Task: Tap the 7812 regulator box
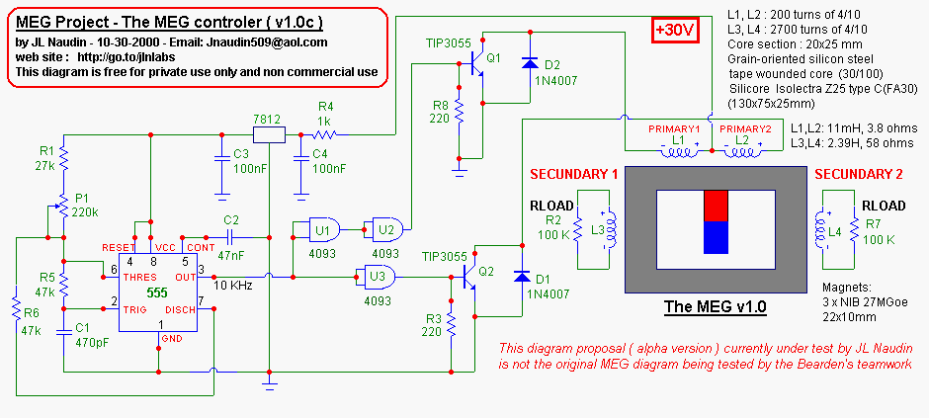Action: coord(269,135)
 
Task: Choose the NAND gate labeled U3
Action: coord(379,277)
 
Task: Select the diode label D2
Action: coord(551,64)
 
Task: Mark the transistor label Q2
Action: coord(485,270)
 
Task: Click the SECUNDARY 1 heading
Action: coord(574,174)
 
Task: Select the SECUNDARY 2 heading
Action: coord(859,174)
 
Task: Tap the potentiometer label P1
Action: coord(81,198)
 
